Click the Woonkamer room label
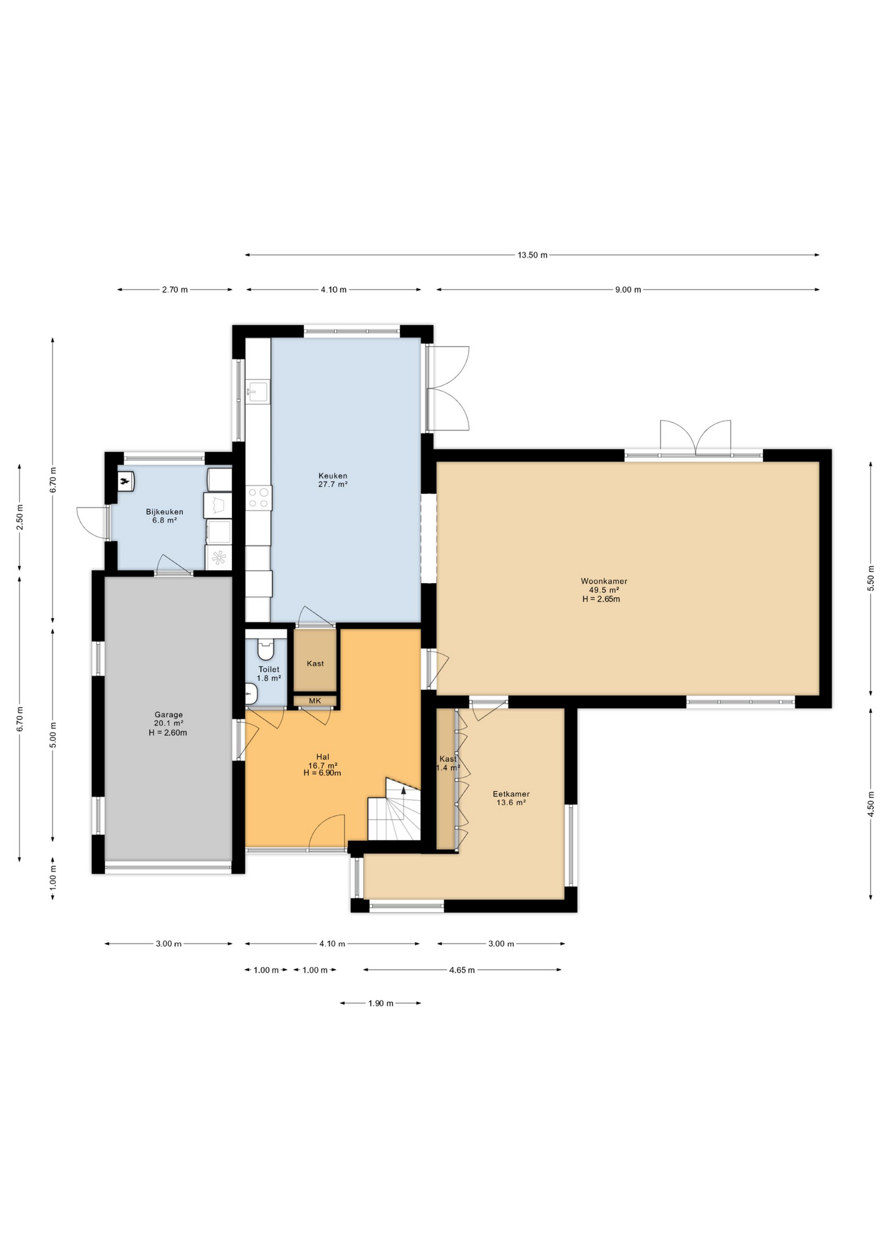(604, 581)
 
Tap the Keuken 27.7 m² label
(333, 480)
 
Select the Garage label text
(168, 715)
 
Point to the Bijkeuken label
(164, 512)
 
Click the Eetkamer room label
(511, 794)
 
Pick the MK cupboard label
(315, 701)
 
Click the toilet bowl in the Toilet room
(265, 649)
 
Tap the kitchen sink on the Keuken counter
(258, 392)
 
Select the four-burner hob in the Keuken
(258, 497)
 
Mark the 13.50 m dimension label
(532, 255)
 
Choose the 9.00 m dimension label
(628, 290)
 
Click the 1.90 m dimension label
(381, 1003)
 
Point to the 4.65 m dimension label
(462, 970)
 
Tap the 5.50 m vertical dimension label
(871, 579)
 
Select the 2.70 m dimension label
(175, 290)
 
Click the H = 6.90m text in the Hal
(322, 773)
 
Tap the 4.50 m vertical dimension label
(871, 804)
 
